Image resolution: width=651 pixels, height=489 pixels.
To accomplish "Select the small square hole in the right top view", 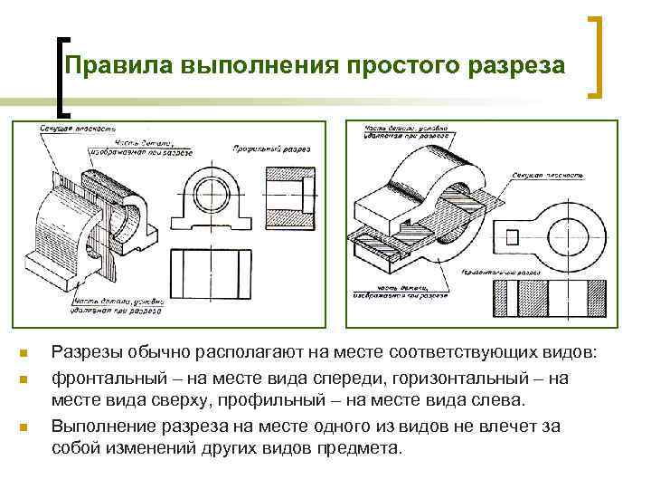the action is point(513,236).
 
